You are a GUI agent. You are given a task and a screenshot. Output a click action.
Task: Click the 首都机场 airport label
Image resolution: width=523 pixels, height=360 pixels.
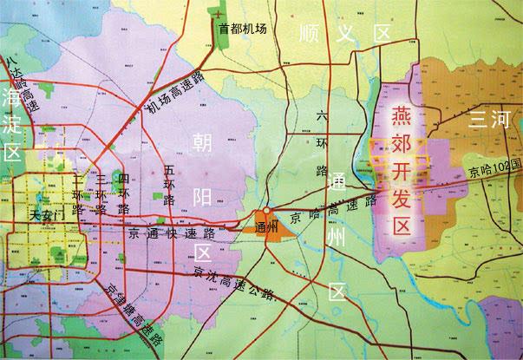242,29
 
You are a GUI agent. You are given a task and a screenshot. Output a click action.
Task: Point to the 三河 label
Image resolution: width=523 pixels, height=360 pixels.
487,121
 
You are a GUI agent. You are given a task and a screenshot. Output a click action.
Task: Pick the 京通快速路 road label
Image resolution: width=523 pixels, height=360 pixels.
171,232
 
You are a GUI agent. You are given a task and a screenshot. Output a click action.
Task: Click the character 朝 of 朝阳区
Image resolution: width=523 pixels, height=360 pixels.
201,141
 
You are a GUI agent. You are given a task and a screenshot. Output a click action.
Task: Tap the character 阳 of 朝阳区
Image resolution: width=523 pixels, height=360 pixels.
202,197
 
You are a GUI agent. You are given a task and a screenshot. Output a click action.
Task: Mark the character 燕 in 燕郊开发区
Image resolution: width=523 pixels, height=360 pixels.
401,115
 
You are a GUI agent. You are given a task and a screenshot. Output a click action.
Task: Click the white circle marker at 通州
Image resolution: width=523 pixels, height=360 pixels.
268,211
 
